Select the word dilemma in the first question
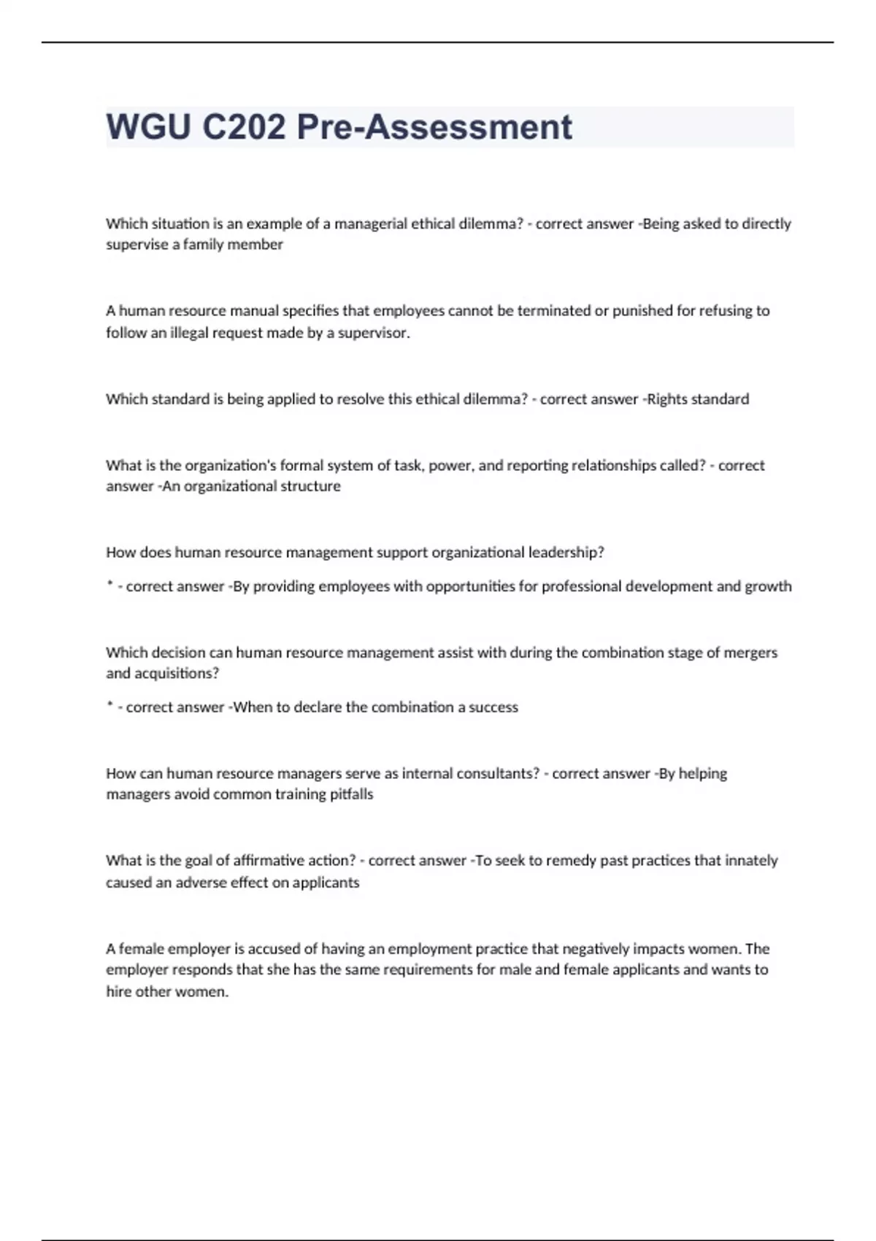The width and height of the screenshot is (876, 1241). [x=491, y=224]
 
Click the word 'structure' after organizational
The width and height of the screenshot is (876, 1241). [x=310, y=486]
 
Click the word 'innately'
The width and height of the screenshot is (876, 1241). [x=751, y=861]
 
